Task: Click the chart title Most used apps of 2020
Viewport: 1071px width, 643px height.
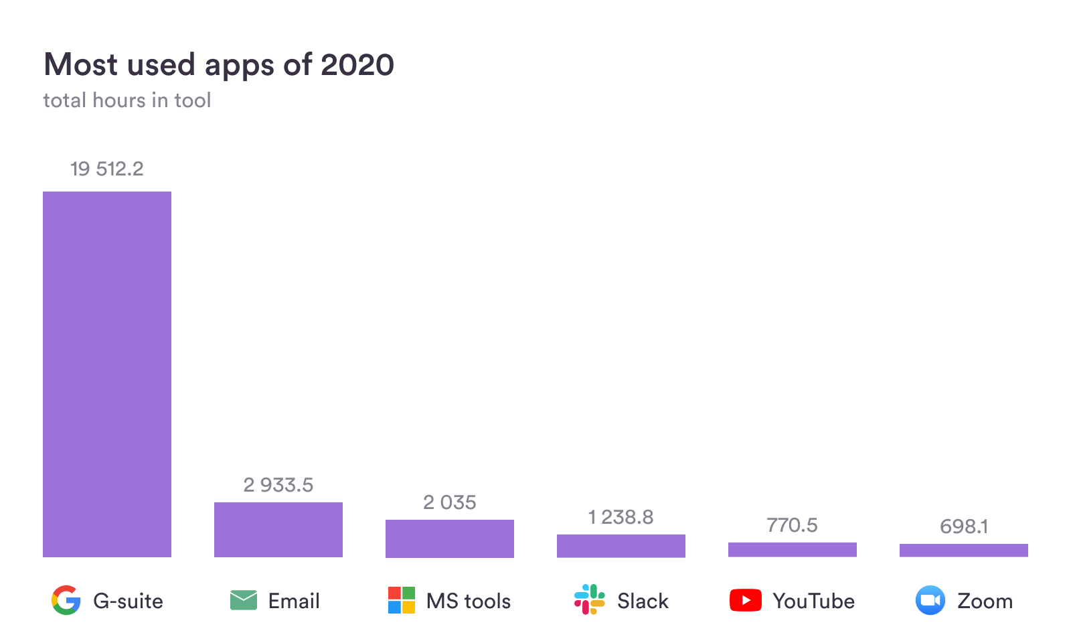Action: pyautogui.click(x=219, y=65)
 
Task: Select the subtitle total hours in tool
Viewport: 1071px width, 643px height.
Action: pyautogui.click(x=127, y=100)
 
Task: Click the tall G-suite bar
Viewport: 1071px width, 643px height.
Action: pyautogui.click(x=107, y=374)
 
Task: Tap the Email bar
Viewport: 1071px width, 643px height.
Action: pyautogui.click(x=278, y=529)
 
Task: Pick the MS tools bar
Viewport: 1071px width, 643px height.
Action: pyautogui.click(x=450, y=539)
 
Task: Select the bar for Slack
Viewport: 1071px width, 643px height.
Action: pyautogui.click(x=621, y=546)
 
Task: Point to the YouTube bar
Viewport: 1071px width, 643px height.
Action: pyautogui.click(x=793, y=549)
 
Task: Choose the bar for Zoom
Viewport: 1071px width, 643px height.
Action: pyautogui.click(x=964, y=550)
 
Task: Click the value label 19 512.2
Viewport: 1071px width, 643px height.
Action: pyautogui.click(x=107, y=169)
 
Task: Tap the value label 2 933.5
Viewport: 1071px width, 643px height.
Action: pyautogui.click(x=278, y=485)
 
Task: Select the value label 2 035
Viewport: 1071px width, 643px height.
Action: pyautogui.click(x=450, y=502)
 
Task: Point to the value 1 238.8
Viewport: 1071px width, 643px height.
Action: pyautogui.click(x=621, y=517)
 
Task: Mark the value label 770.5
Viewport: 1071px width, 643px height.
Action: pyautogui.click(x=793, y=525)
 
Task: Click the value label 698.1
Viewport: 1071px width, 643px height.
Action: pyautogui.click(x=964, y=526)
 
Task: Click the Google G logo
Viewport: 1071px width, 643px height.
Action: pyautogui.click(x=66, y=600)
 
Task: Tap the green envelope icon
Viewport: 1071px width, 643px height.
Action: pyautogui.click(x=244, y=600)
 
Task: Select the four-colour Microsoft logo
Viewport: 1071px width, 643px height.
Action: pyautogui.click(x=402, y=600)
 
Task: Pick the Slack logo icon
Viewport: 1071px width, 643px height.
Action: pyautogui.click(x=590, y=599)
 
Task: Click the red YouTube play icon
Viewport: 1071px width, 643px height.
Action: pyautogui.click(x=746, y=600)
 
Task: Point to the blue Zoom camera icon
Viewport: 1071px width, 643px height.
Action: pyautogui.click(x=930, y=600)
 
